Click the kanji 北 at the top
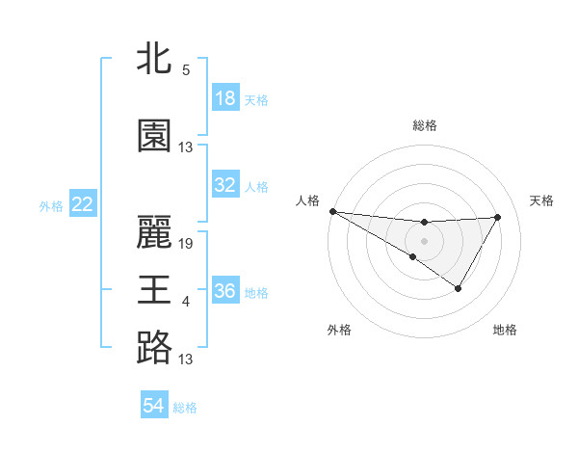[x=154, y=58]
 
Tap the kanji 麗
[x=154, y=231]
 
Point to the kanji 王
[x=154, y=289]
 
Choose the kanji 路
[x=154, y=347]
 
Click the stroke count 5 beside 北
[x=186, y=70]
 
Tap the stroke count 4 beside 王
[x=186, y=302]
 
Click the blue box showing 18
[x=224, y=98]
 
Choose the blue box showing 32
[x=224, y=185]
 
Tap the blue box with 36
[x=224, y=291]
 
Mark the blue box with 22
[x=83, y=204]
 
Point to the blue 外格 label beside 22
[x=51, y=205]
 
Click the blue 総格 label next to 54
[x=185, y=408]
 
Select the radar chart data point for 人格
[x=332, y=210]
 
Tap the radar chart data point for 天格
[x=498, y=217]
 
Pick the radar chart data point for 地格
[x=459, y=288]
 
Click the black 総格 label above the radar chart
[x=424, y=125]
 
